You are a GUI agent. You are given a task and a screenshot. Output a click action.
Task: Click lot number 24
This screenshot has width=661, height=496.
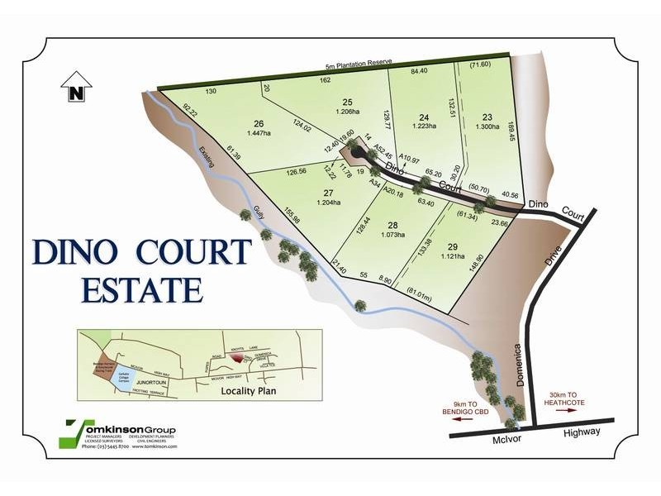[x=425, y=117]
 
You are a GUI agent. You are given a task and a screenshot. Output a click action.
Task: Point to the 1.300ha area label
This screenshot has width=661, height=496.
[x=487, y=127]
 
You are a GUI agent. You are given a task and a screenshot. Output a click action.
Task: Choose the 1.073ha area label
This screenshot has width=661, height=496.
[x=393, y=235]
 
